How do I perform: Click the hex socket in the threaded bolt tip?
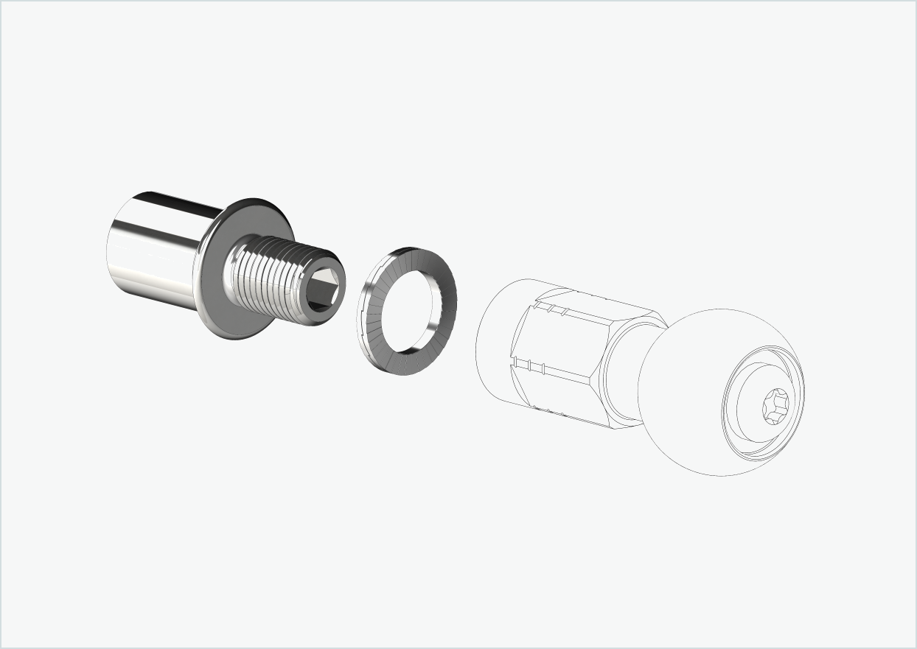(x=324, y=284)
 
